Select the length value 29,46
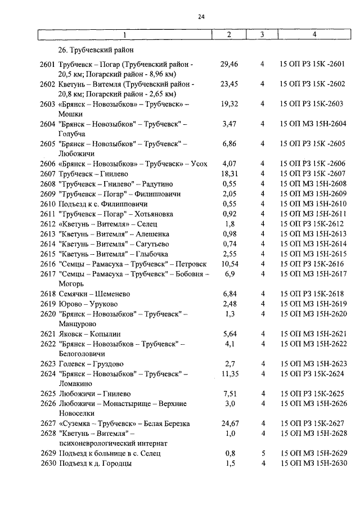pos(229,65)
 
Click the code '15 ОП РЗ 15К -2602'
pos(313,84)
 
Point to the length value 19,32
pos(229,104)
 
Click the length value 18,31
pos(229,173)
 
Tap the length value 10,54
pos(229,263)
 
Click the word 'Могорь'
pos(71,284)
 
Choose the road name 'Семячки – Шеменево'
pos(94,294)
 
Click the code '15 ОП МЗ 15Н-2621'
pos(313,334)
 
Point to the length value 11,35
pos(229,373)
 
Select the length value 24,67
pos(229,423)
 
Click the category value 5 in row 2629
pos(262,453)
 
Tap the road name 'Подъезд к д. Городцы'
pos(95,463)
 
